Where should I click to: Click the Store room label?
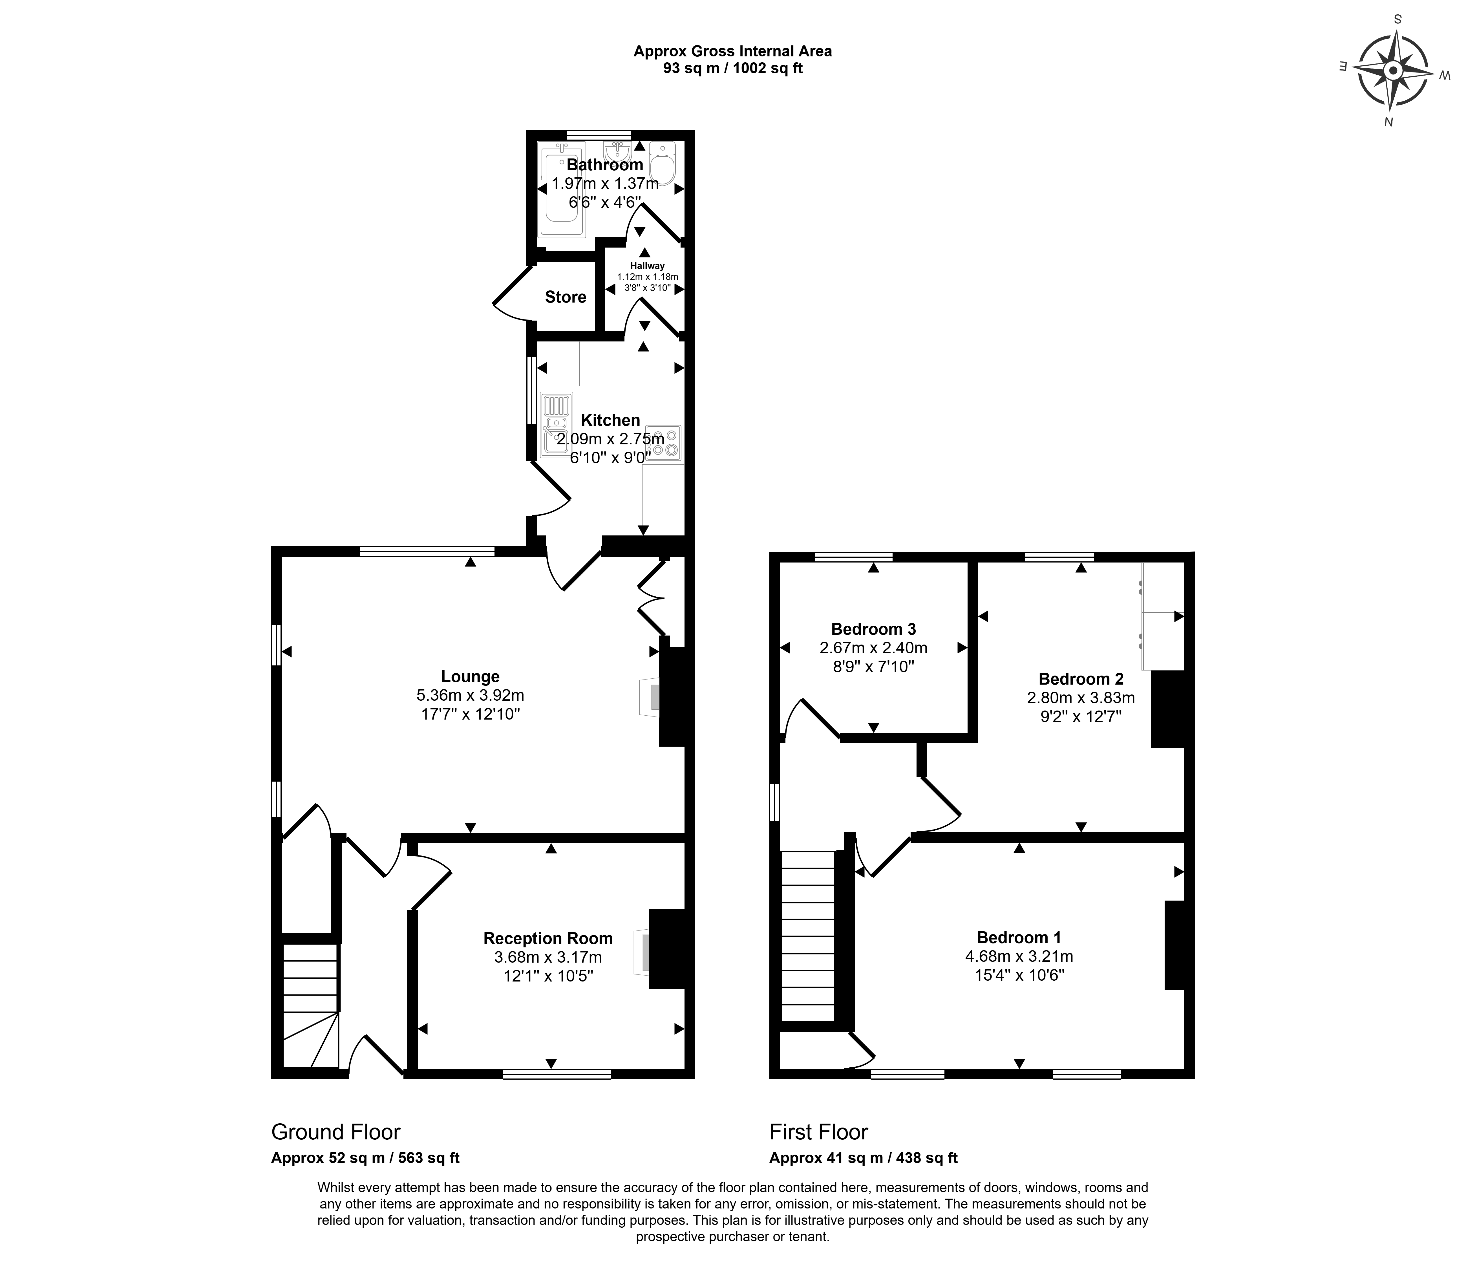point(565,297)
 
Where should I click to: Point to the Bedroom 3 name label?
point(873,629)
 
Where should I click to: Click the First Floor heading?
point(819,1132)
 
